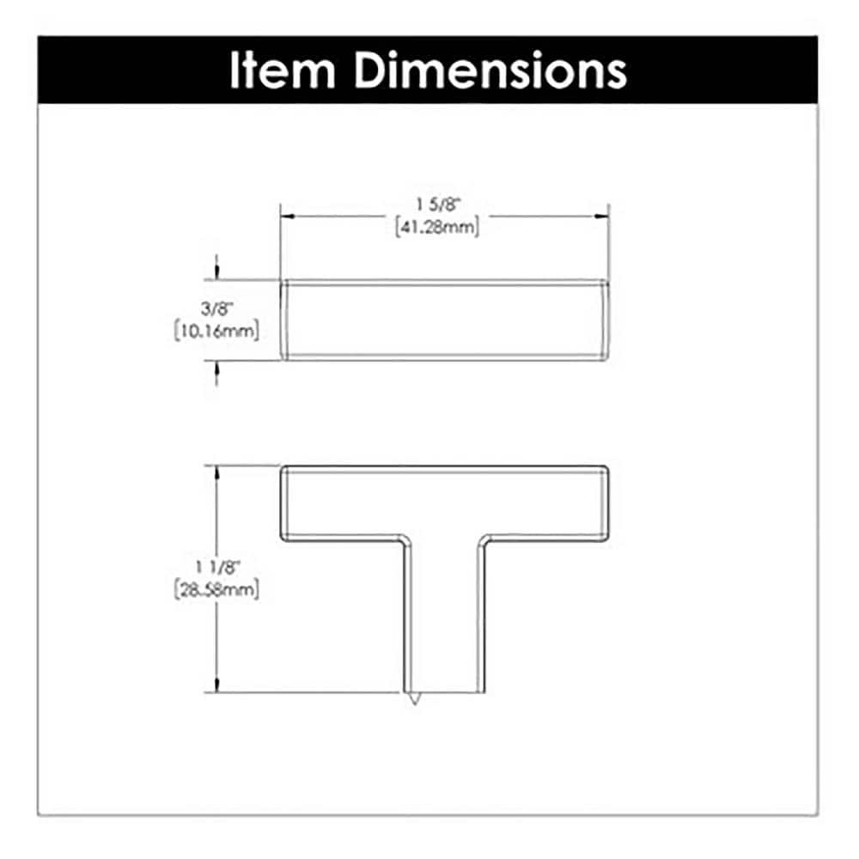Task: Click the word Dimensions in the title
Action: pyautogui.click(x=490, y=71)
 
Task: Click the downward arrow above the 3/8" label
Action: pyautogui.click(x=216, y=271)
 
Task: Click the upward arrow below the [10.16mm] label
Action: pyautogui.click(x=216, y=368)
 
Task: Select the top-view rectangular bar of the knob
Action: pyautogui.click(x=445, y=320)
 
